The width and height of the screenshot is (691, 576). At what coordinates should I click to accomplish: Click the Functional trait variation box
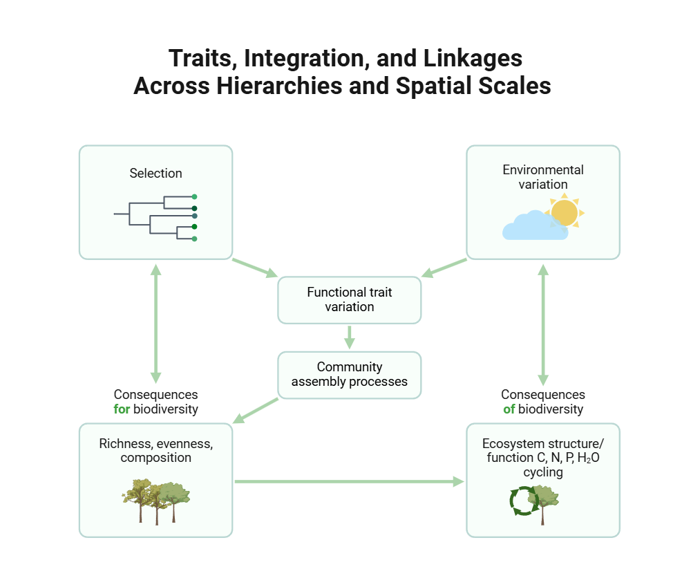[x=349, y=300]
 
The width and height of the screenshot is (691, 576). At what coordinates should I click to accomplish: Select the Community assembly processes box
[x=349, y=375]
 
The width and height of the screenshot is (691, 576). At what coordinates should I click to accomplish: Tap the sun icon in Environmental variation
[x=565, y=213]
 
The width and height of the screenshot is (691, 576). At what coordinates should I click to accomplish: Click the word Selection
[x=155, y=174]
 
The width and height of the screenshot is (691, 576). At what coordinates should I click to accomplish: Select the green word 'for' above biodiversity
[x=122, y=409]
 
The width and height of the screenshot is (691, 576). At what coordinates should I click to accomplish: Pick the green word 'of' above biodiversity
[x=510, y=409]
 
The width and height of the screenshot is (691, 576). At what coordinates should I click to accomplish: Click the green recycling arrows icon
[x=523, y=501]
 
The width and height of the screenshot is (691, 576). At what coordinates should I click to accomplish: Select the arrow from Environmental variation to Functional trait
[x=444, y=268]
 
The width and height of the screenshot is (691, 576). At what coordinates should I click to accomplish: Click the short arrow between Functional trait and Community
[x=349, y=337]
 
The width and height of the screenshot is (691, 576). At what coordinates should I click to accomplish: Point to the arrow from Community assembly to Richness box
[x=256, y=411]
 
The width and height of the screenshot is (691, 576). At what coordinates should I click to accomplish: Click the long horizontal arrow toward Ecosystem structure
[x=349, y=481]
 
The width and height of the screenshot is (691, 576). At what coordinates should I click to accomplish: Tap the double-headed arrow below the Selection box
[x=155, y=323]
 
